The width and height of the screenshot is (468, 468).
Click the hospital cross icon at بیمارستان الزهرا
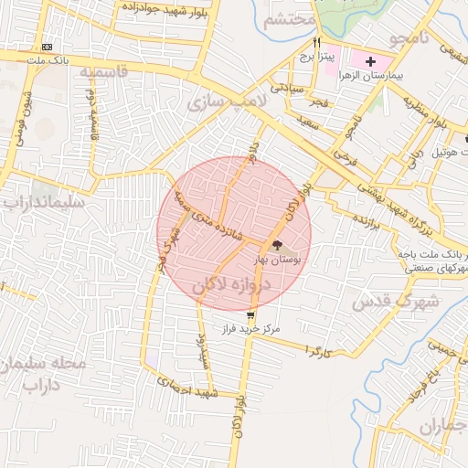(369, 62)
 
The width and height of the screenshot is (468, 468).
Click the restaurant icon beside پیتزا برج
(315, 42)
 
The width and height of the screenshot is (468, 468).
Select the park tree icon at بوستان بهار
(277, 245)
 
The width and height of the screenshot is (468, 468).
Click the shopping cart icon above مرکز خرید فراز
(250, 314)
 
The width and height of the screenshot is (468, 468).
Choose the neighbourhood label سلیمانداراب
(44, 200)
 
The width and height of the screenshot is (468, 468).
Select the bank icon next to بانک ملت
(48, 48)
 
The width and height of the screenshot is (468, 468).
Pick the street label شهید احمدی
(186, 386)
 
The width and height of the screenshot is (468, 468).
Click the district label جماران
(442, 426)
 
